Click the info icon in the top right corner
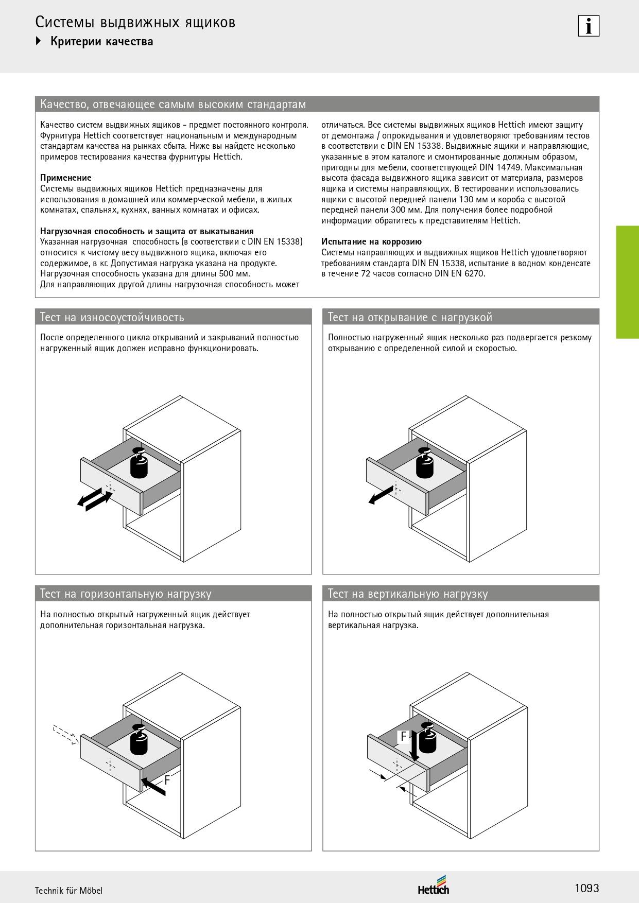[x=589, y=26]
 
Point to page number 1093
[x=586, y=888]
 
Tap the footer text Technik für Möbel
[x=68, y=891]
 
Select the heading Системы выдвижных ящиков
[x=135, y=22]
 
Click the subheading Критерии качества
[x=101, y=42]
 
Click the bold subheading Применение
[x=66, y=178]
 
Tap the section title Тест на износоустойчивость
[x=112, y=317]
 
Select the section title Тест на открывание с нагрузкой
[x=410, y=317]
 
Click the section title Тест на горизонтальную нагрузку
[x=126, y=594]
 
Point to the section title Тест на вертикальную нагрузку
[x=408, y=594]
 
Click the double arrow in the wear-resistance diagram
[x=95, y=500]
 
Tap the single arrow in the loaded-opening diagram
[x=381, y=496]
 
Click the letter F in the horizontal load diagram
[x=167, y=780]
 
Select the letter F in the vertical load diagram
[x=404, y=737]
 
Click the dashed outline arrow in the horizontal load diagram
[x=65, y=734]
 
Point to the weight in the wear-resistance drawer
[x=139, y=463]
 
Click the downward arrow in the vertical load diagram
[x=414, y=749]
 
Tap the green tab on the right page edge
[x=627, y=282]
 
